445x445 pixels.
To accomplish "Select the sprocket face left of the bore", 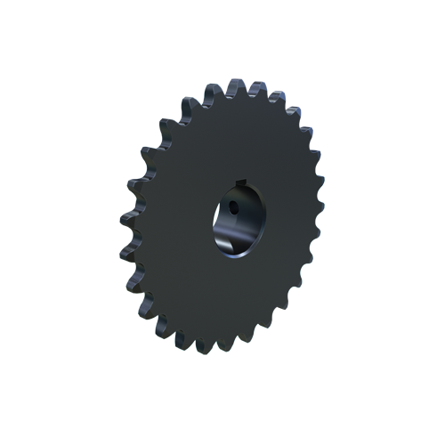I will pos(174,222).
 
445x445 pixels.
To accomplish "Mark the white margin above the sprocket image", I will pos(222,36).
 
